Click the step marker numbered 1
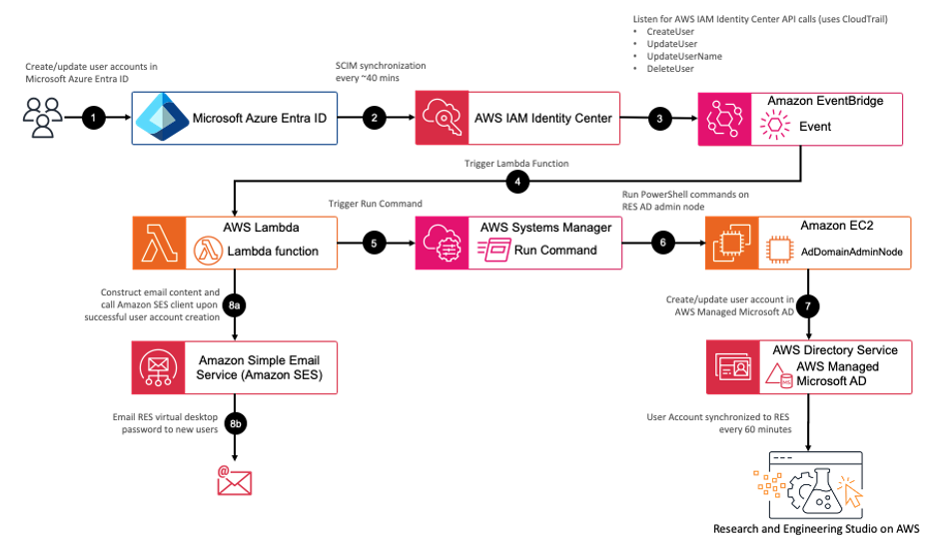tap(94, 118)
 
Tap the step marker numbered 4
tap(517, 182)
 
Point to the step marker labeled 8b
tap(236, 422)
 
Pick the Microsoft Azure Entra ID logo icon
tap(160, 118)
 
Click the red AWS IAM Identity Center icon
tap(442, 119)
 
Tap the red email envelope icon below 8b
tap(235, 480)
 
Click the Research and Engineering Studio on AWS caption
tap(815, 529)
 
